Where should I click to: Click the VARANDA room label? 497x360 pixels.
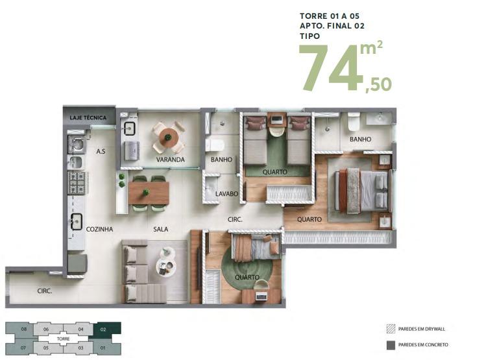pos(170,160)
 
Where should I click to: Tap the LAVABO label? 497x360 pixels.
pos(226,194)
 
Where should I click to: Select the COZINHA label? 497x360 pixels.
pos(99,229)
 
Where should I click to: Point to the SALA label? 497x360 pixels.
pos(161,229)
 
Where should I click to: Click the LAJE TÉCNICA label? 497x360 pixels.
pos(88,117)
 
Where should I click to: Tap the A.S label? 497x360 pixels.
pos(101,152)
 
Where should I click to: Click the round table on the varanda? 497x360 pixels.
pos(168,138)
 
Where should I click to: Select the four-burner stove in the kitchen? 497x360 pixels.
pos(77,183)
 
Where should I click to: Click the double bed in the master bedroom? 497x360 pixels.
pos(362,190)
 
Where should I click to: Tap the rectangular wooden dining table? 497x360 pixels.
pos(149,193)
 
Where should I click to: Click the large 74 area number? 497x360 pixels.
pos(331,67)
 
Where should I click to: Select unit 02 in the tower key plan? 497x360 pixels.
pos(107,330)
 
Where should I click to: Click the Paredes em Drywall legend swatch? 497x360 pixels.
pos(391,329)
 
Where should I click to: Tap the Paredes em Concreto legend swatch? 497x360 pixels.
pos(391,345)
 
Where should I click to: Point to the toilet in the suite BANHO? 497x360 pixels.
pos(354,122)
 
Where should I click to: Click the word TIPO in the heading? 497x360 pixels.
pos(310,36)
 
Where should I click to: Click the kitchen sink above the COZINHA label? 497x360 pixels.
pos(77,221)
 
